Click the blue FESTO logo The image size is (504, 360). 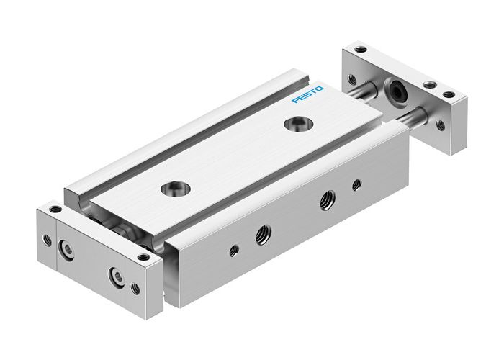click(308, 94)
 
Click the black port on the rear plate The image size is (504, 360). click(395, 91)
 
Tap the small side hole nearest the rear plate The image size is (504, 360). click(356, 185)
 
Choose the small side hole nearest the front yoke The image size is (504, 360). click(233, 251)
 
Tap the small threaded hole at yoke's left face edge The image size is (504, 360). click(48, 240)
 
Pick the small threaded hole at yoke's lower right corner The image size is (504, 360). click(135, 289)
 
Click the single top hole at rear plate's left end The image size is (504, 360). click(361, 50)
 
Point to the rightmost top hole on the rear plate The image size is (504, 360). click(449, 94)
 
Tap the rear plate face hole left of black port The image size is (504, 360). click(352, 78)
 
